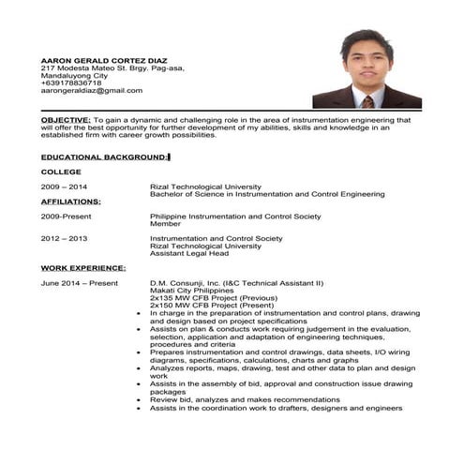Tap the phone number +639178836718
[71, 82]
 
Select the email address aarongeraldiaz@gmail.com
[92, 90]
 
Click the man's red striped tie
[368, 101]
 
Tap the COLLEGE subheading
[61, 172]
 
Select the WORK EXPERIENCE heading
[83, 268]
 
